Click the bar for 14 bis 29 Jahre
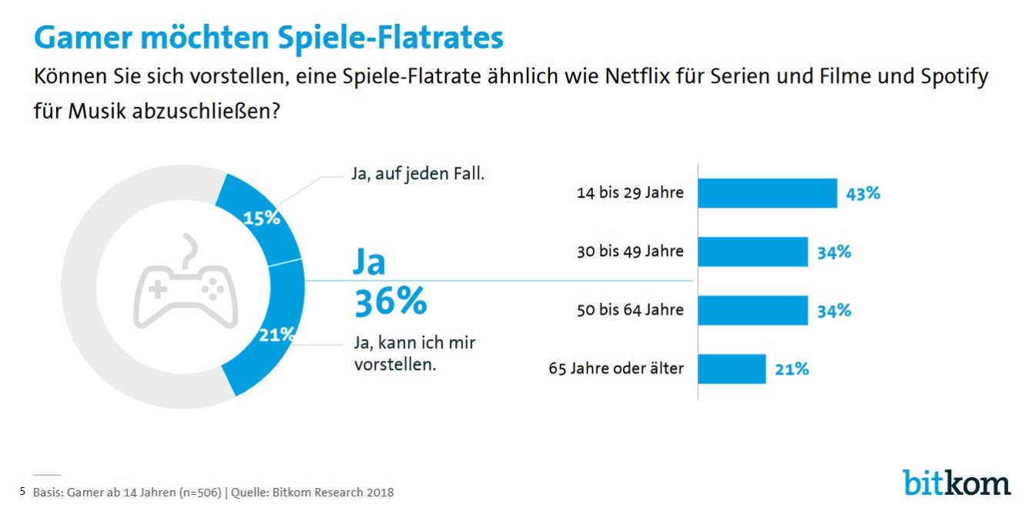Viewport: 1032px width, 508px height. click(x=767, y=193)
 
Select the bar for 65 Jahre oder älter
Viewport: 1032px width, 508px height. click(x=732, y=368)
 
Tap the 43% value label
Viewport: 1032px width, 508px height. click(x=863, y=193)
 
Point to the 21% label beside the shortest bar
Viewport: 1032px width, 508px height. click(x=792, y=369)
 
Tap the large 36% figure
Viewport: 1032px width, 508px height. click(x=390, y=302)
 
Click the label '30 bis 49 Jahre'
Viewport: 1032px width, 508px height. click(x=630, y=251)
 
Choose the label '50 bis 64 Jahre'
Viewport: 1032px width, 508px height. click(x=630, y=311)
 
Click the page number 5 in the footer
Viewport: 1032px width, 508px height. click(x=22, y=490)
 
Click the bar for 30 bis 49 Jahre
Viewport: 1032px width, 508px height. click(x=752, y=251)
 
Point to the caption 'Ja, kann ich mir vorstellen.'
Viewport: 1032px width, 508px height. click(x=414, y=354)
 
